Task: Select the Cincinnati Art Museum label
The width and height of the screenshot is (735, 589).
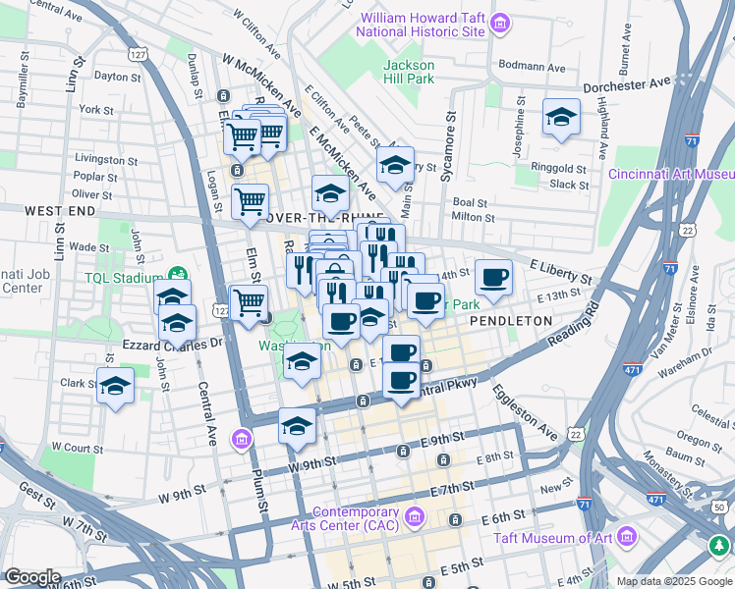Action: pyautogui.click(x=670, y=174)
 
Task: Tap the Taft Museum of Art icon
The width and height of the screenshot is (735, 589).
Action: pyautogui.click(x=627, y=537)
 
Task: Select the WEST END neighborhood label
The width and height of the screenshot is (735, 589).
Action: pyautogui.click(x=60, y=211)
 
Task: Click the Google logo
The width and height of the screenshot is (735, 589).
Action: pyautogui.click(x=32, y=577)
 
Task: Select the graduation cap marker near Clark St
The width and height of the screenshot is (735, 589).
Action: pyautogui.click(x=115, y=387)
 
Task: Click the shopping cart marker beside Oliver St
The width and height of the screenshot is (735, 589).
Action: pyautogui.click(x=250, y=200)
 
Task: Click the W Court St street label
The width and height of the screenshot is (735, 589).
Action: pyautogui.click(x=77, y=447)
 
